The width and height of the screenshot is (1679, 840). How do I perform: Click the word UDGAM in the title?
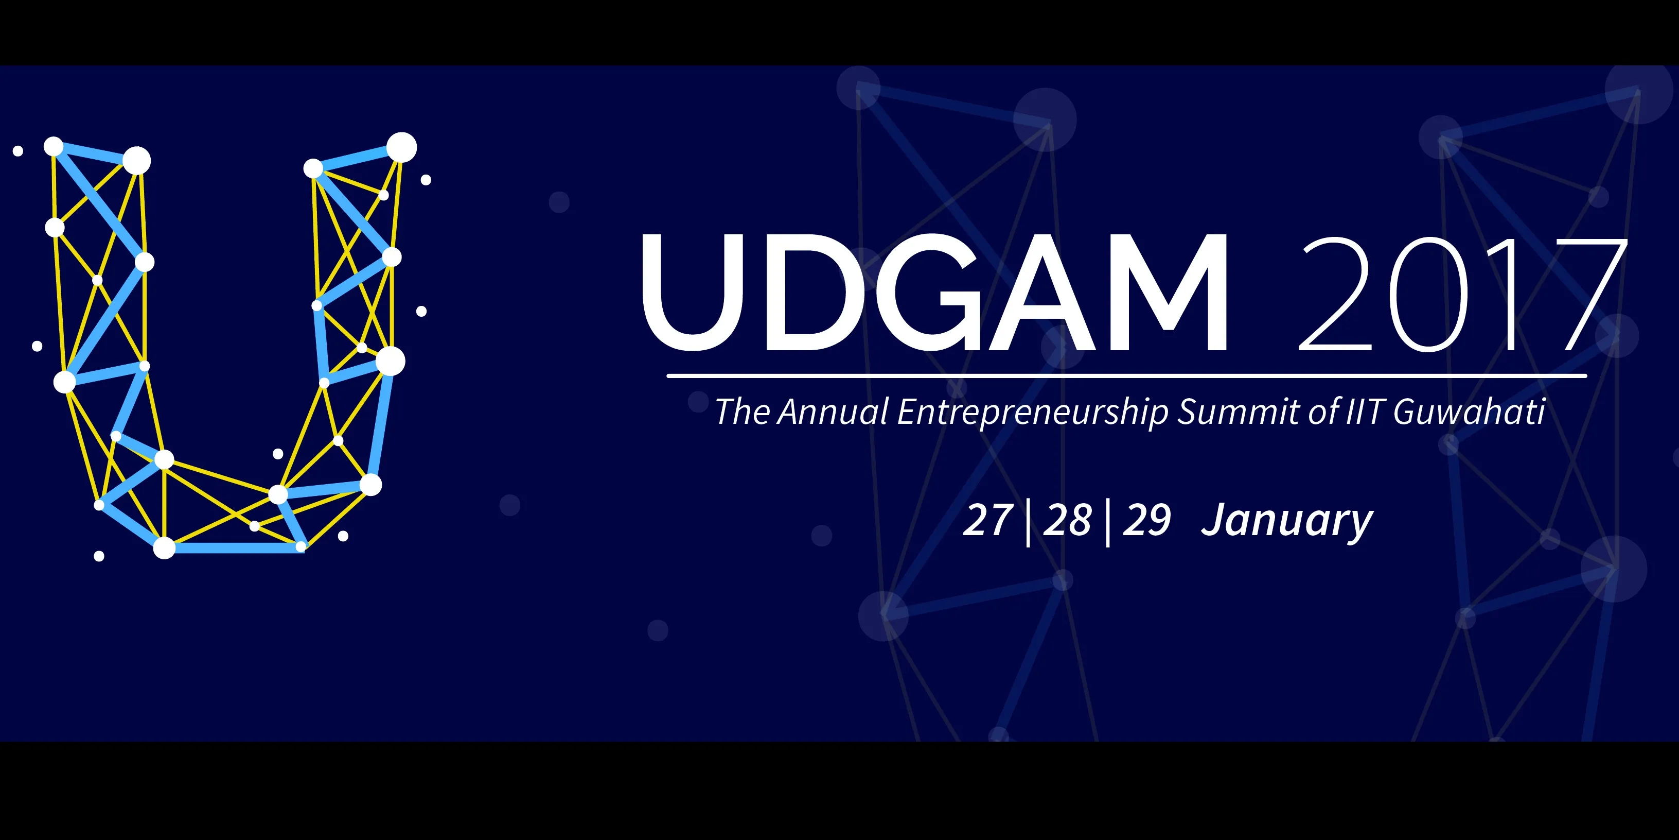(x=934, y=293)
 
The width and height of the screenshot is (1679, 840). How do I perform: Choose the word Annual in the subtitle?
(x=833, y=412)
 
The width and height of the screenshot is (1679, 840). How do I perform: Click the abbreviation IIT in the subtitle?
(x=1364, y=412)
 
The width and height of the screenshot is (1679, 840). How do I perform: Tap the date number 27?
(x=988, y=521)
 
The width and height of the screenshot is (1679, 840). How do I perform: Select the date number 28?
(x=1068, y=521)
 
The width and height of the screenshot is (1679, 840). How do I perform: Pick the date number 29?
(x=1147, y=521)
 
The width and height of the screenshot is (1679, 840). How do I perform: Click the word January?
(x=1287, y=522)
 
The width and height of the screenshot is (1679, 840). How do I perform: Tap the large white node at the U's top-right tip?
(x=401, y=147)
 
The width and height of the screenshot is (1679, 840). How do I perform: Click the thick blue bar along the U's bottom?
(x=233, y=548)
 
